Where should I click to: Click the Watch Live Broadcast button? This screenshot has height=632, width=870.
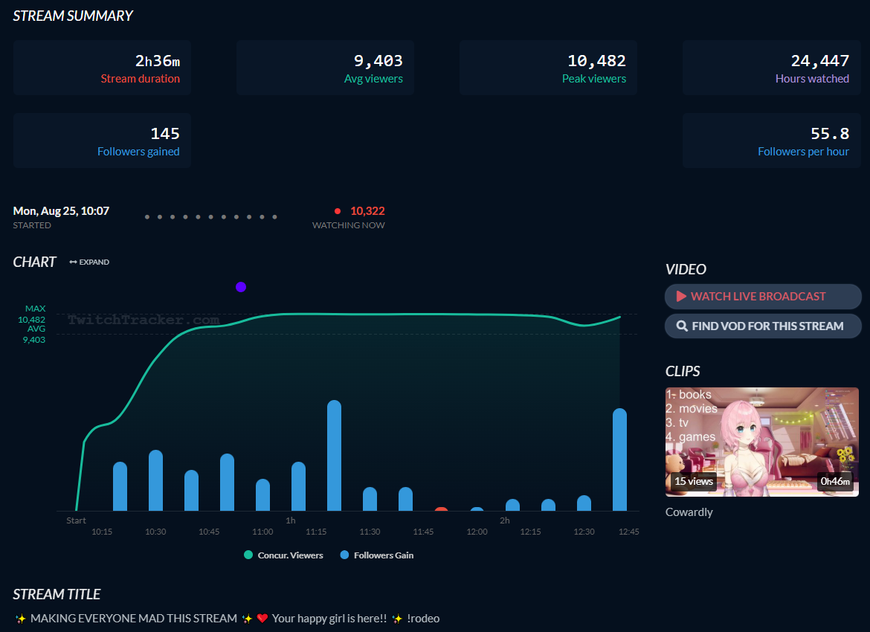[x=763, y=297]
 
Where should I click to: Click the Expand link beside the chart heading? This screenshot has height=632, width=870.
[x=89, y=262]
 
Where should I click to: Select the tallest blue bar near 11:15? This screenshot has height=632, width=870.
[x=334, y=455]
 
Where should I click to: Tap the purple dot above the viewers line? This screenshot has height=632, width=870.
[x=240, y=287]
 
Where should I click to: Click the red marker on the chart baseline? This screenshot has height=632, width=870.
[x=441, y=510]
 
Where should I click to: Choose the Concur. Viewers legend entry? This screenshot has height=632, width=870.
[x=283, y=555]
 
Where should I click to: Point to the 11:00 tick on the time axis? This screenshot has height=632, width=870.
[x=262, y=532]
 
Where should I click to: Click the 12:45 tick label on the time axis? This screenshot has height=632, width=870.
[x=628, y=532]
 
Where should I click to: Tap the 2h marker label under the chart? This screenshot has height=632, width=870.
[x=505, y=520]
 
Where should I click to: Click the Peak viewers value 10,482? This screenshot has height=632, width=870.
[x=596, y=61]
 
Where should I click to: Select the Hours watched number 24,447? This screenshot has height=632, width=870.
[x=819, y=61]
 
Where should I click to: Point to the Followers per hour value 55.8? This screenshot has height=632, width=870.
[x=829, y=134]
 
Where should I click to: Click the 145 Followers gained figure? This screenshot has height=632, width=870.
[x=165, y=134]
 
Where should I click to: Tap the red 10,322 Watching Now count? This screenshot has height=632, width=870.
[x=367, y=211]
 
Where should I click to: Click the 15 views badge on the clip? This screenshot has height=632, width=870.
[x=693, y=482]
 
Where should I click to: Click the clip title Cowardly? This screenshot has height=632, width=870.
[x=689, y=512]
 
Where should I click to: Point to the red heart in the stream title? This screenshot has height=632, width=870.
[x=262, y=619]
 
